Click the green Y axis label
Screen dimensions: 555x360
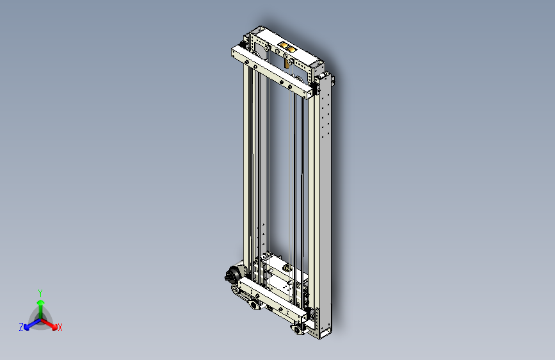[x=40, y=293]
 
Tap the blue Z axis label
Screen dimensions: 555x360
[x=21, y=327]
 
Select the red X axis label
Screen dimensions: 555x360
[x=60, y=327]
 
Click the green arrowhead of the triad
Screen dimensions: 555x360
[x=41, y=303]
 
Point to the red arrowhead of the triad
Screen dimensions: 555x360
[x=54, y=327]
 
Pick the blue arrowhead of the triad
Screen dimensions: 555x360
[x=26, y=327]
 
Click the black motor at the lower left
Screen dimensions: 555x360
[x=232, y=275]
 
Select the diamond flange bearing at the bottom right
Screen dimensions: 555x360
[x=298, y=329]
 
